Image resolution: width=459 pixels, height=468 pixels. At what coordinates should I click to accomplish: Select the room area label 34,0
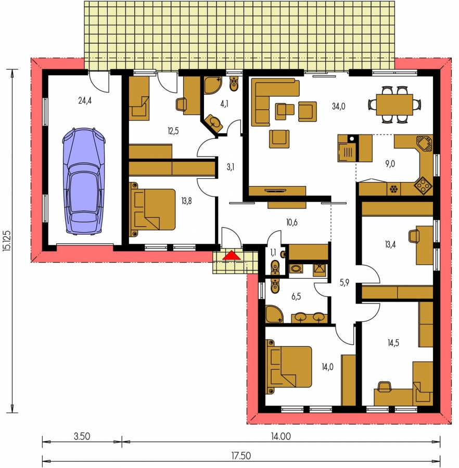click(339, 106)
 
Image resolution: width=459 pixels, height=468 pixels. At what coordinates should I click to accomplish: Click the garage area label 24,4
click(85, 100)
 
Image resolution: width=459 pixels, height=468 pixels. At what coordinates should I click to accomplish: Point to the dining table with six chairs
click(394, 105)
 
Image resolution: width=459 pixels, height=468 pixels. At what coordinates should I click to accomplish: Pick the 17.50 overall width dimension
click(241, 456)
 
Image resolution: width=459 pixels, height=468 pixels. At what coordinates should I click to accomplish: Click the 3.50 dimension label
click(82, 436)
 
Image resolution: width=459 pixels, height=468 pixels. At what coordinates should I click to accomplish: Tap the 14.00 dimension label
click(280, 436)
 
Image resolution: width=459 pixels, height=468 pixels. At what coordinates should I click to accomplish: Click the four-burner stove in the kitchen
click(423, 186)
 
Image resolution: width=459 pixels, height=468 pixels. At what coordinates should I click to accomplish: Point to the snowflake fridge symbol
click(393, 189)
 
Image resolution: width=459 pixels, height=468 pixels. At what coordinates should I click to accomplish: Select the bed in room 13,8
click(152, 210)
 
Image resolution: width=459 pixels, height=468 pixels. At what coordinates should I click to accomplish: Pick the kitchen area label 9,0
click(390, 164)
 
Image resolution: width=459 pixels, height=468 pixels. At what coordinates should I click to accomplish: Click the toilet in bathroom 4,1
click(234, 83)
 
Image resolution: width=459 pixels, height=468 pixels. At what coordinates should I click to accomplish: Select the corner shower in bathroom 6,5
click(274, 314)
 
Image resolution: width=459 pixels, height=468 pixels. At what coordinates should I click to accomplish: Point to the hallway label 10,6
click(291, 223)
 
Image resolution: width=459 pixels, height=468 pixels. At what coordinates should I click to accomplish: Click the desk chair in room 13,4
click(414, 236)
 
